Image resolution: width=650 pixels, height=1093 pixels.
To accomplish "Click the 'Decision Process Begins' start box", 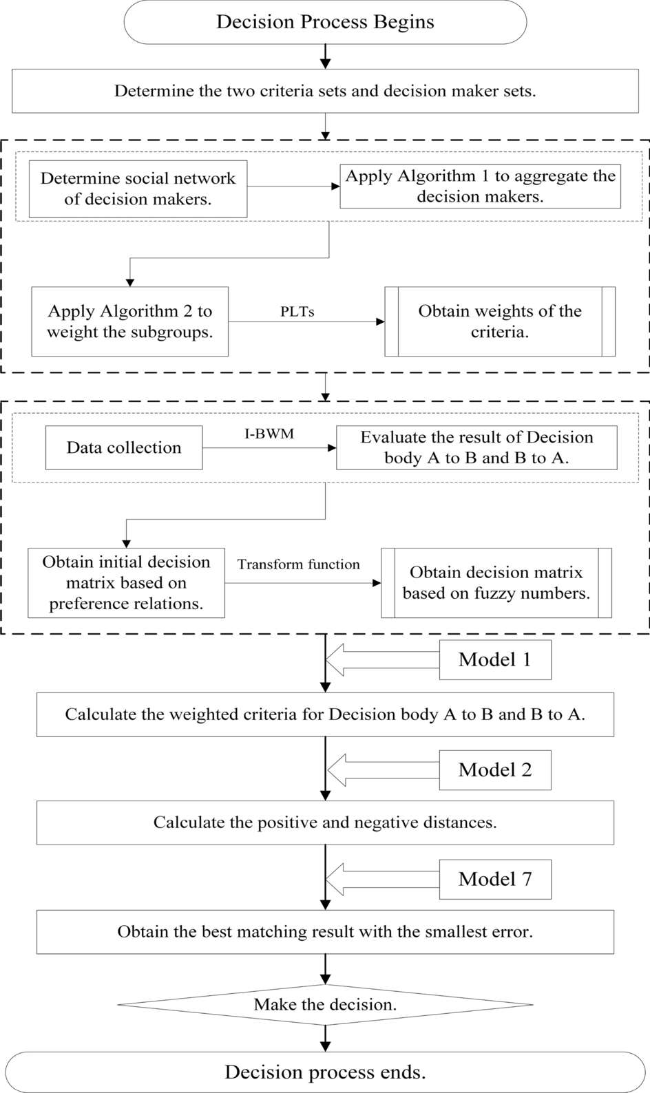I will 325,22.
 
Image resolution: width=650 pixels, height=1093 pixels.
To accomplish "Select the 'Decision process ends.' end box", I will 325,1072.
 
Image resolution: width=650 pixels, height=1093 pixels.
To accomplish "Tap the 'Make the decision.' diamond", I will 325,1004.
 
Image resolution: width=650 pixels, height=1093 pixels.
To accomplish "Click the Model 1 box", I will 495,660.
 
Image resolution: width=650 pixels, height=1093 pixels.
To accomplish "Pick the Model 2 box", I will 495,770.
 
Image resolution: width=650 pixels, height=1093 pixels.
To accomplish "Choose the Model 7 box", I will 495,879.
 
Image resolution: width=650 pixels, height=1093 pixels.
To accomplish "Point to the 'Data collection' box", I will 124,447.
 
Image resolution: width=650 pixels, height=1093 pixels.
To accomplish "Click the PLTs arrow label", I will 297,311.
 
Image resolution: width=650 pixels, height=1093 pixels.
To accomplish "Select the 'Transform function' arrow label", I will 299,564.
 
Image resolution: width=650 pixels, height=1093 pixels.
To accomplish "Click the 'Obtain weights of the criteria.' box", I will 500,321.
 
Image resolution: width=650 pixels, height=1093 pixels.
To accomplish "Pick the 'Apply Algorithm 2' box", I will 129,321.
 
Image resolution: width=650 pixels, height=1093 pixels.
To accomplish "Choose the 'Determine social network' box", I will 138,189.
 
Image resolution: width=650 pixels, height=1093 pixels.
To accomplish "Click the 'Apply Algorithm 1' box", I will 480,186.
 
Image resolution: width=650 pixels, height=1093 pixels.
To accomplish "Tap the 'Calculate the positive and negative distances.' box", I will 325,823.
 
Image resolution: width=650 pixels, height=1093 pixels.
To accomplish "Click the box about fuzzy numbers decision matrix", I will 496,583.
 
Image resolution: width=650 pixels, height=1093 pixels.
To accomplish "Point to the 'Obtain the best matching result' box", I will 325,932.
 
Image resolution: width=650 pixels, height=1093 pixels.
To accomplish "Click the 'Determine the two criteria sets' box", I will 325,91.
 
